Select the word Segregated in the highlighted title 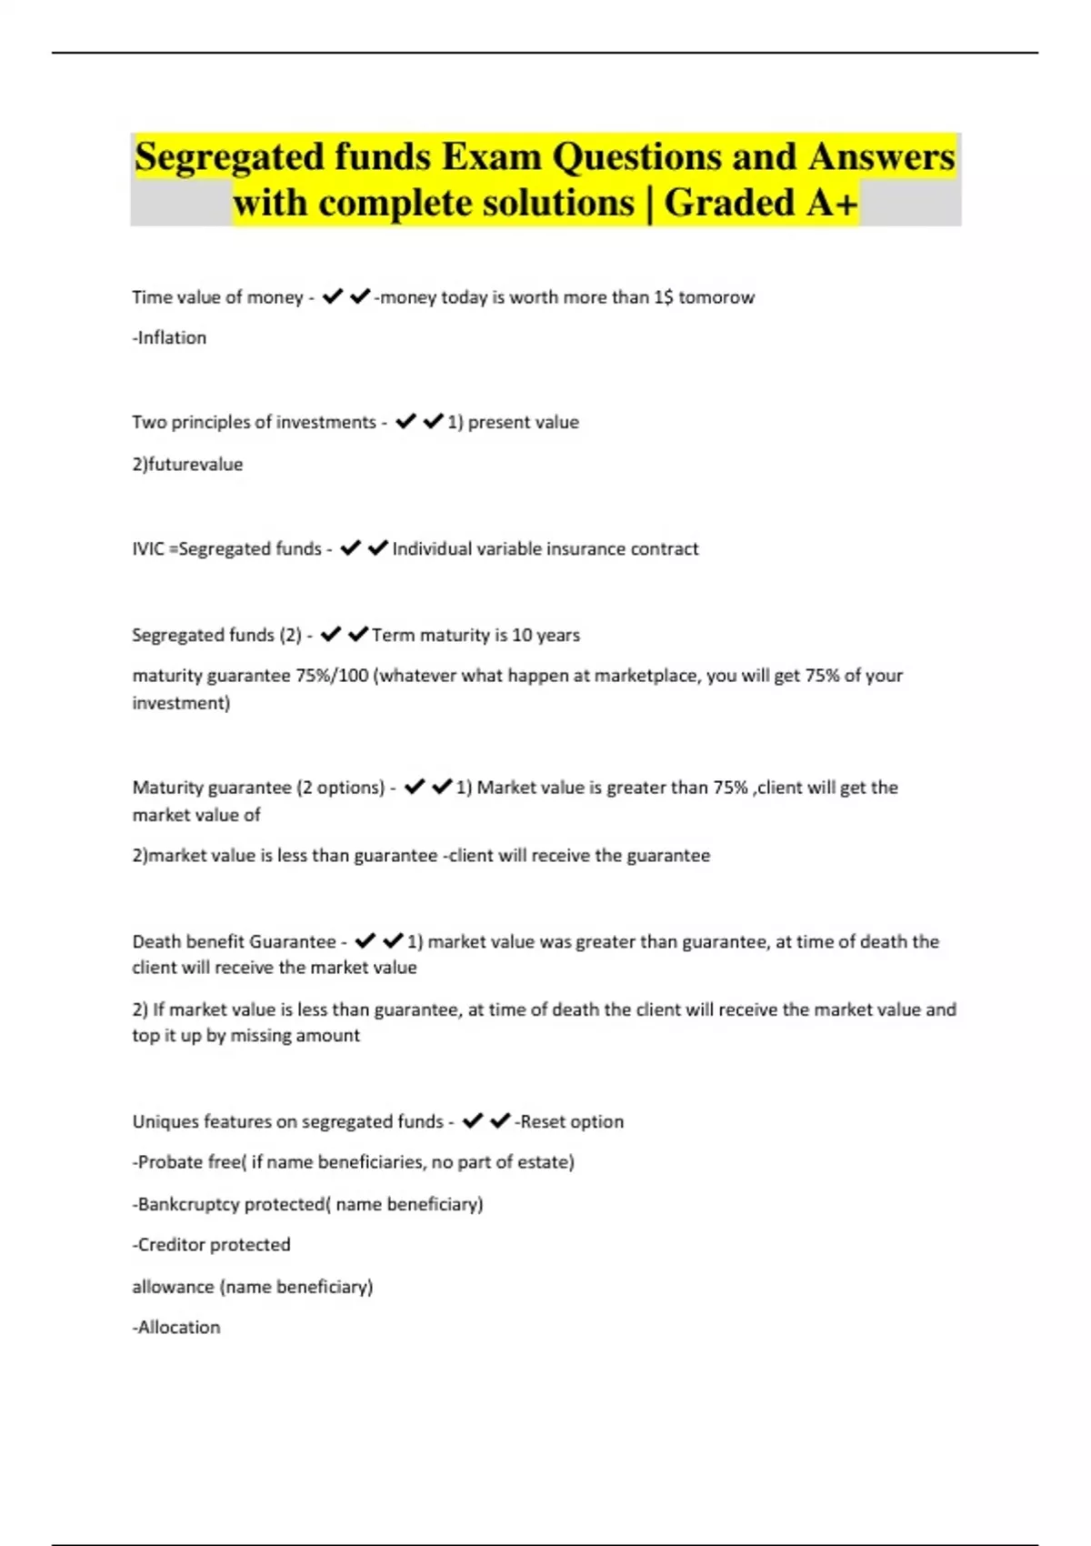229,156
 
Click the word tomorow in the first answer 716,297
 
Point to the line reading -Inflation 169,337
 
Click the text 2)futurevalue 187,464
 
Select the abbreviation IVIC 148,549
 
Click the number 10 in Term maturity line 522,635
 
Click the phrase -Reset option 569,1121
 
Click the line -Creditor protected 212,1245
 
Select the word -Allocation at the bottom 176,1328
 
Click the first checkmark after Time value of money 333,296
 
